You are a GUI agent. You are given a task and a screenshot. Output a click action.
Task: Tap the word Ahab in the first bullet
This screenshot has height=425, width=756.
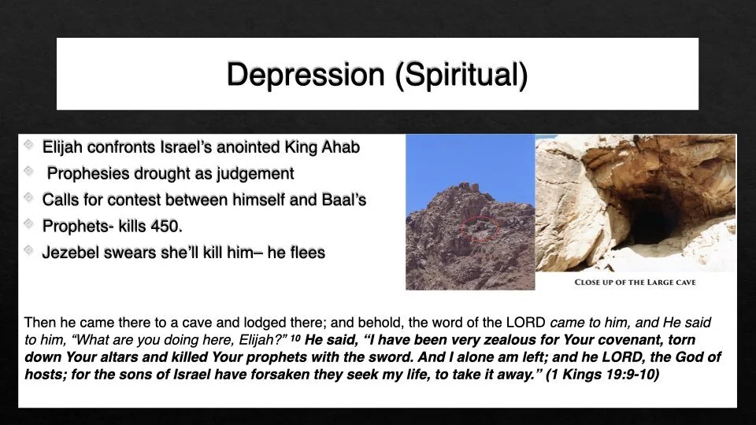(x=343, y=147)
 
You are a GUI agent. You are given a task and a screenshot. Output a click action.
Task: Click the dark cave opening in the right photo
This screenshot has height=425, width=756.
(x=654, y=220)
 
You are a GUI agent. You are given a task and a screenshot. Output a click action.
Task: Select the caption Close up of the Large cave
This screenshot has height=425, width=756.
(x=635, y=282)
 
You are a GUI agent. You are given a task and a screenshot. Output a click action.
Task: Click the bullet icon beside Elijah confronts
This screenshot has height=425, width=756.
(x=29, y=146)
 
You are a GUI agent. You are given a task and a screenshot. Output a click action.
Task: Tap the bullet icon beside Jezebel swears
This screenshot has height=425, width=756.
(x=29, y=252)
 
